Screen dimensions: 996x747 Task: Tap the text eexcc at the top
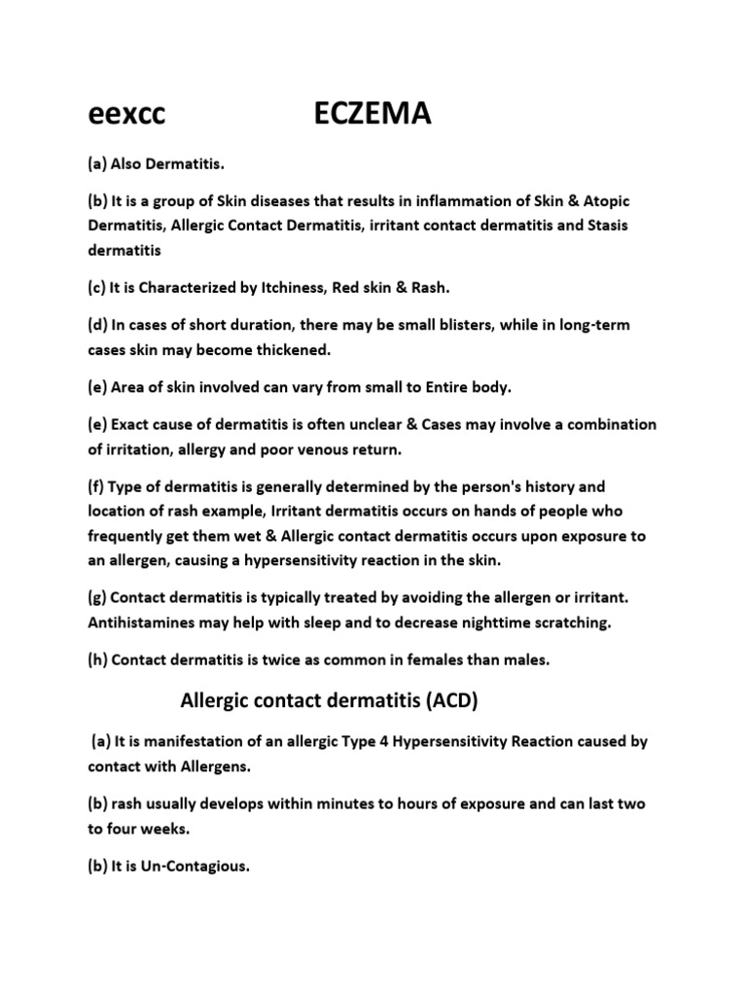[x=126, y=116]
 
